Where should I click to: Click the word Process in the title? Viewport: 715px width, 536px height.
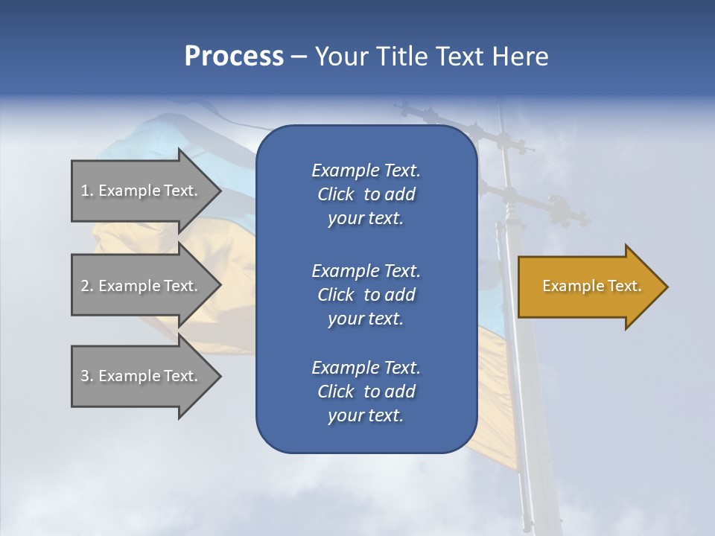(x=234, y=57)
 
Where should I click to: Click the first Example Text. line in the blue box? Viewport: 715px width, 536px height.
(x=366, y=170)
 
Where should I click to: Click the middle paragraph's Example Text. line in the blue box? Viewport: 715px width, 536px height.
(x=366, y=270)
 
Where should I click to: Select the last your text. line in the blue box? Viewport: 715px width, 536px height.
(x=366, y=415)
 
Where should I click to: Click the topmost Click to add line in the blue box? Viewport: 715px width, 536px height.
(x=366, y=194)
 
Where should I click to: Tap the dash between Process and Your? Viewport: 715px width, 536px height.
(x=299, y=57)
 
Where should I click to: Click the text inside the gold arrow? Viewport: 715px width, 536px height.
(x=591, y=286)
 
